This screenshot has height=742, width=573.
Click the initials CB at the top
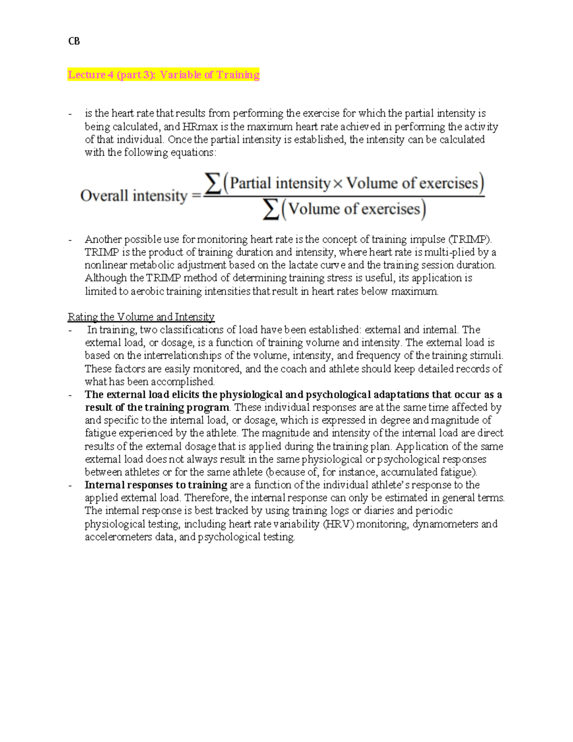pos(74,42)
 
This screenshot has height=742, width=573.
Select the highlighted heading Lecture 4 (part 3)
pos(163,75)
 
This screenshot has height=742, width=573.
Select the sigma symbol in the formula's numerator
pos(213,183)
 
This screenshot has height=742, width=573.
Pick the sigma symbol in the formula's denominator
pos(271,209)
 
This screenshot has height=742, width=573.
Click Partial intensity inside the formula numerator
pos(280,183)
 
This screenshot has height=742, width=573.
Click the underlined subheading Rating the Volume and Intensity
pos(141,317)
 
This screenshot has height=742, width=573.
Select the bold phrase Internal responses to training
pos(156,485)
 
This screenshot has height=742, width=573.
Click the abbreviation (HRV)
pos(339,524)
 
